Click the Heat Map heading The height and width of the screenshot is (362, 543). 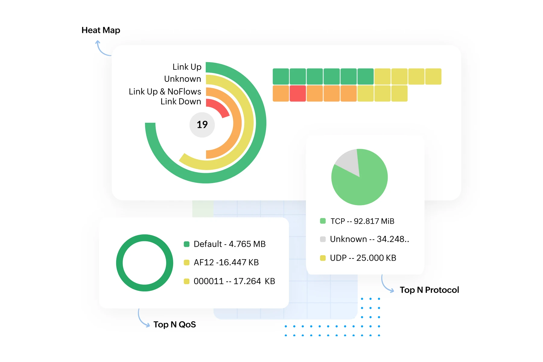click(101, 30)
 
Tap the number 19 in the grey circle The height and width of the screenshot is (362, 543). click(202, 125)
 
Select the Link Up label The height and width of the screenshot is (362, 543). click(187, 67)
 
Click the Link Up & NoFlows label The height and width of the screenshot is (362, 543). click(165, 91)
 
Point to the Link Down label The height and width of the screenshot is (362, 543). click(181, 102)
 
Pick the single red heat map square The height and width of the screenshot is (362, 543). click(298, 94)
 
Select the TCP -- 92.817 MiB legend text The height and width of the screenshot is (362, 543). click(362, 221)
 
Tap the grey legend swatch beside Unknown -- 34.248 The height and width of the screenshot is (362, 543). click(323, 239)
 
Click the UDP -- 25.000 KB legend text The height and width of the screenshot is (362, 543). click(363, 258)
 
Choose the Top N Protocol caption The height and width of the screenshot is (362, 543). click(429, 290)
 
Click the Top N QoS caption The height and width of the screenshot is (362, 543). click(175, 325)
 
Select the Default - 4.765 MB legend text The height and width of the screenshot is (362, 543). click(230, 244)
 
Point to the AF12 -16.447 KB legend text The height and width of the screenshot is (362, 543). click(226, 262)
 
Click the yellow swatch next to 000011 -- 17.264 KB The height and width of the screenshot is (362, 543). click(187, 281)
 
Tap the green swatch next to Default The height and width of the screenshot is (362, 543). click(187, 244)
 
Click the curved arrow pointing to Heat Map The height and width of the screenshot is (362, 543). click(102, 49)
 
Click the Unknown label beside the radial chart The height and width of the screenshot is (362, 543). click(183, 79)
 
